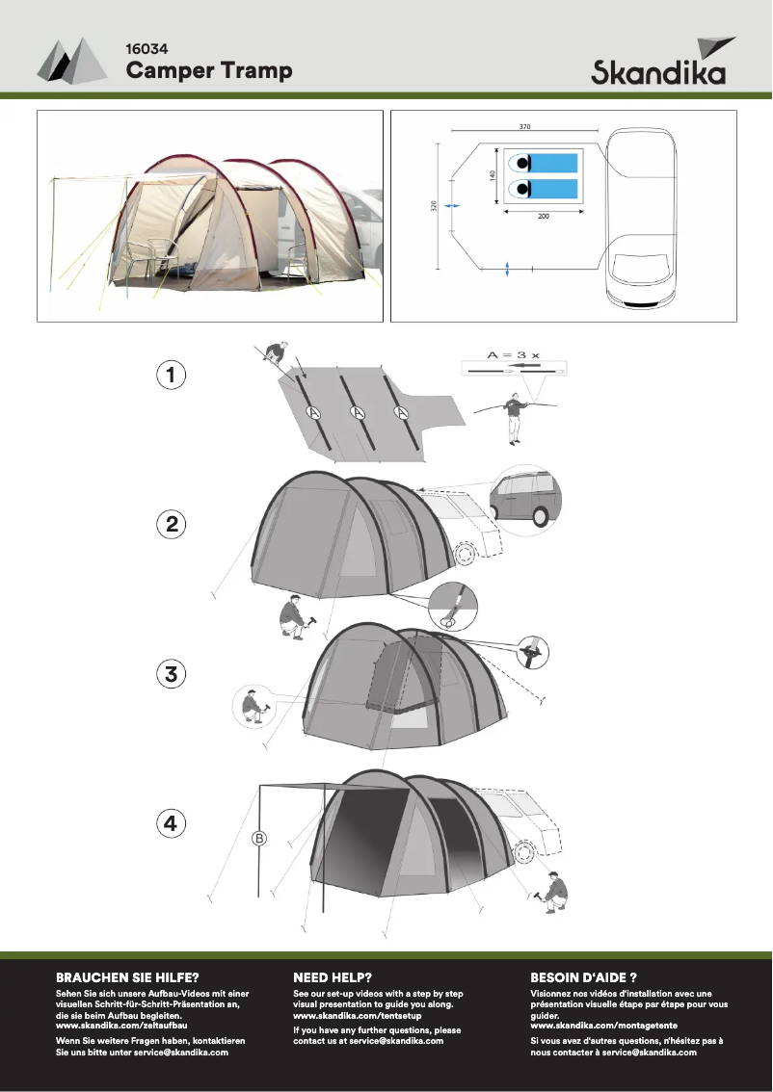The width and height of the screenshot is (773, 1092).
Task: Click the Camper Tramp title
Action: (x=209, y=70)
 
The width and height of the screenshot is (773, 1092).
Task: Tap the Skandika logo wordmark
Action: (x=658, y=73)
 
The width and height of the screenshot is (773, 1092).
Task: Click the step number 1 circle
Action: (x=171, y=376)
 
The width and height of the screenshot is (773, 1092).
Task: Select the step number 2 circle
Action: (x=171, y=525)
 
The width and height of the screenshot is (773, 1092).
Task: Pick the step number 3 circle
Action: (x=171, y=674)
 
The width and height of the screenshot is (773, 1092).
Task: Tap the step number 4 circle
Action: (x=171, y=823)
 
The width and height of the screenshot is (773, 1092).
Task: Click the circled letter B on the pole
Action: (x=258, y=838)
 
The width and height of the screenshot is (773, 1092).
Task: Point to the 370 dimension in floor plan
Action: (x=525, y=126)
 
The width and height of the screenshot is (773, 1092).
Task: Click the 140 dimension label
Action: (x=491, y=176)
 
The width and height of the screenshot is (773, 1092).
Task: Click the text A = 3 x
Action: (x=513, y=354)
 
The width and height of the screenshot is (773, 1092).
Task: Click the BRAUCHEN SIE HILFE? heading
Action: (x=127, y=976)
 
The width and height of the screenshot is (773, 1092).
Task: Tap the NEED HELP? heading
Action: (x=333, y=976)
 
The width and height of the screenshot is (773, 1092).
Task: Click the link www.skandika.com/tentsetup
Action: (x=357, y=1016)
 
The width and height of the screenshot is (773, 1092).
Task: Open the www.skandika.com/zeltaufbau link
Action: (x=121, y=1026)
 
